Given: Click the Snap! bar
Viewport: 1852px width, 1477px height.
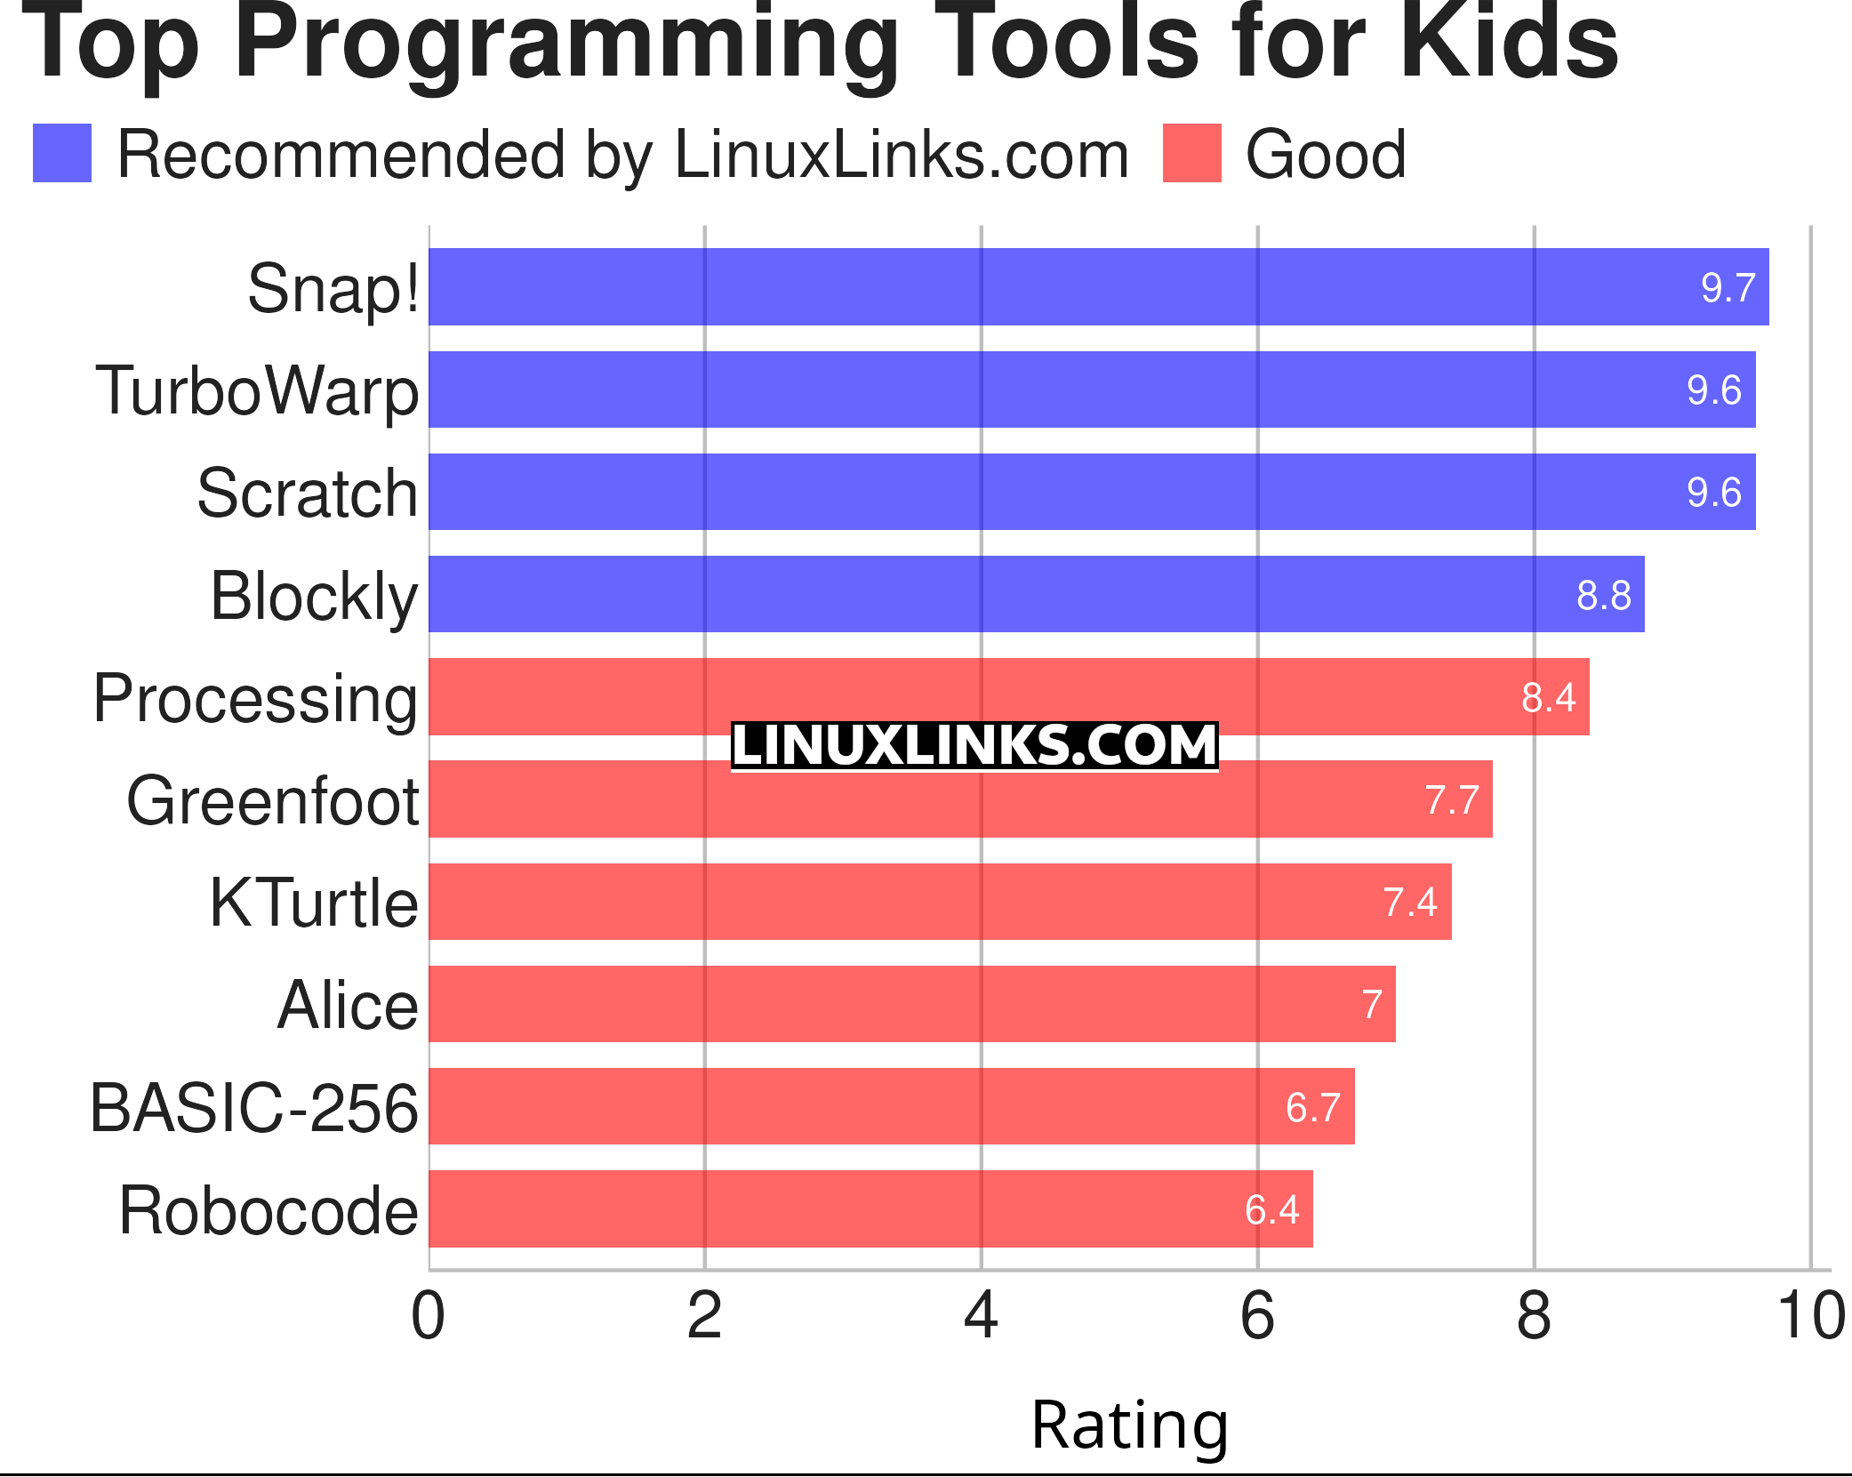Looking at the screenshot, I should pyautogui.click(x=1098, y=287).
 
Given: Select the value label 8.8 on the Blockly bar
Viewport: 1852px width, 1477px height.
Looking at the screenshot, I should pyautogui.click(x=1603, y=595).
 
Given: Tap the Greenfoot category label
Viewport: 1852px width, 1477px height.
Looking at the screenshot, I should pyautogui.click(x=272, y=800).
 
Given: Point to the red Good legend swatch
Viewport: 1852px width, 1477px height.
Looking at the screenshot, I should pyautogui.click(x=1191, y=154).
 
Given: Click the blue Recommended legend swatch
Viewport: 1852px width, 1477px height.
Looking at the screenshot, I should pyautogui.click(x=62, y=154).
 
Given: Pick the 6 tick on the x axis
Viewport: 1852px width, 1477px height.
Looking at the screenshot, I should pyautogui.click(x=1257, y=1316).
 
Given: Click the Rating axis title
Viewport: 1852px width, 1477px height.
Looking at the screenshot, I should pyautogui.click(x=1129, y=1425).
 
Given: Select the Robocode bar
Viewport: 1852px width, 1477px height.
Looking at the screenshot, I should pyautogui.click(x=870, y=1208).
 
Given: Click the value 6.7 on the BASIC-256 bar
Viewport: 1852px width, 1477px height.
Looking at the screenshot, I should pyautogui.click(x=1312, y=1107).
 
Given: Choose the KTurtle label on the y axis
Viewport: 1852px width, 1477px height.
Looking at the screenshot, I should pyautogui.click(x=313, y=903).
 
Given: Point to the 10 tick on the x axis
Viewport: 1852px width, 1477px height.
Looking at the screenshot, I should pyautogui.click(x=1810, y=1316).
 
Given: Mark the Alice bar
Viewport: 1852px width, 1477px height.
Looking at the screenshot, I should pyautogui.click(x=911, y=1004).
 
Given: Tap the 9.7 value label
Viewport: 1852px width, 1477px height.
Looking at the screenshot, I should pyautogui.click(x=1728, y=287).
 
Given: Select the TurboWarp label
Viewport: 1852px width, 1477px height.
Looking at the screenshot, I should pyautogui.click(x=257, y=390).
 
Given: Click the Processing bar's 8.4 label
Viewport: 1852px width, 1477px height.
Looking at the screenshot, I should pyautogui.click(x=1548, y=697).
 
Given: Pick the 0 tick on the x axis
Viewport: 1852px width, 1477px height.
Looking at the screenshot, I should pyautogui.click(x=428, y=1316).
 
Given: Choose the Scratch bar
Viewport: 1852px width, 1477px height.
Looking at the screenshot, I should pyautogui.click(x=1092, y=492).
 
